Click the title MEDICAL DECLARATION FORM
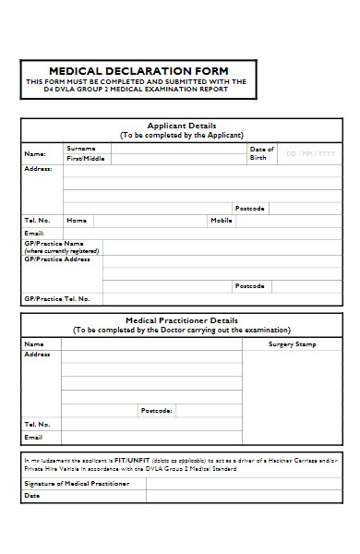click(x=138, y=71)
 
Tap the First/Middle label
click(x=85, y=159)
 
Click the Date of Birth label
click(x=261, y=153)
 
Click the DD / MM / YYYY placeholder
click(x=310, y=153)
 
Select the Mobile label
click(x=221, y=221)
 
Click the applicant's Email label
click(x=33, y=233)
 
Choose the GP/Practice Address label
click(x=57, y=259)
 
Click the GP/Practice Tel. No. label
click(x=57, y=299)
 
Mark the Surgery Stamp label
click(x=292, y=344)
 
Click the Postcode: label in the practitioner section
click(x=156, y=410)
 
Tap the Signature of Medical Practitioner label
click(x=76, y=483)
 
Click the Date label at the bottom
click(x=32, y=496)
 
